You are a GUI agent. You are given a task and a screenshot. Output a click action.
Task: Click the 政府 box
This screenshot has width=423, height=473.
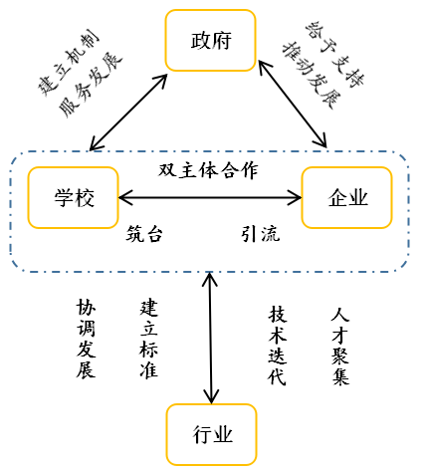click(210, 41)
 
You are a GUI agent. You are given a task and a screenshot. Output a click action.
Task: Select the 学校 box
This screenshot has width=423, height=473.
click(73, 197)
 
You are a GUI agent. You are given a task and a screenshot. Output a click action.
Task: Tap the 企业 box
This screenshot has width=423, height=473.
click(346, 197)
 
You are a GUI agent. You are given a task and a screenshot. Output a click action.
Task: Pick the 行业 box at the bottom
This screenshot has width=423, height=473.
click(211, 434)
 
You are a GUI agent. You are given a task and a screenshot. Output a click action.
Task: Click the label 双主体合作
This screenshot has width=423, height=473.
click(207, 169)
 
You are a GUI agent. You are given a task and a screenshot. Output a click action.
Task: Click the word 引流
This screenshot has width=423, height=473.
click(259, 235)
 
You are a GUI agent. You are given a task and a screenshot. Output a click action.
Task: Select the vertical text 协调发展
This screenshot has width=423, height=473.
click(87, 339)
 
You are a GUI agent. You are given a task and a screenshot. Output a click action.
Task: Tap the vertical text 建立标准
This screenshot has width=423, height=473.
click(149, 339)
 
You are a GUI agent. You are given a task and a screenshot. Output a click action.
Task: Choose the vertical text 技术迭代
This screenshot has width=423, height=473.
click(277, 345)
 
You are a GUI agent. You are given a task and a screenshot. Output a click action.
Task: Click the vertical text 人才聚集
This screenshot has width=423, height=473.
click(340, 345)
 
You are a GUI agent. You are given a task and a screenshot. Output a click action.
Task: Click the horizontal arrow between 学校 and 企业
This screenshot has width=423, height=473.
click(209, 197)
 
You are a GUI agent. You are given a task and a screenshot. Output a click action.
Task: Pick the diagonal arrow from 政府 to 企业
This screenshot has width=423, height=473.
click(292, 105)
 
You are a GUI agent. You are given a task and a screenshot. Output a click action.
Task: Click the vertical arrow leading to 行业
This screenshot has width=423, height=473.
click(210, 339)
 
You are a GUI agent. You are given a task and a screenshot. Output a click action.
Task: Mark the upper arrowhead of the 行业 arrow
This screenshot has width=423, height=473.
click(209, 278)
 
